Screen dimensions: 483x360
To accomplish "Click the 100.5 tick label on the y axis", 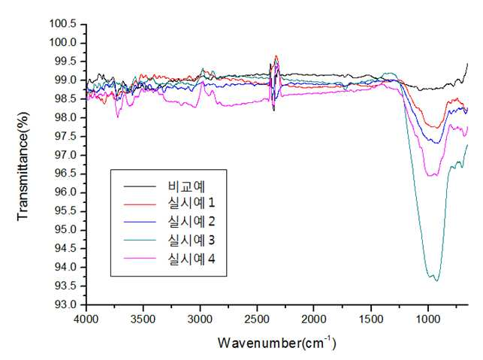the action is (x=63, y=23).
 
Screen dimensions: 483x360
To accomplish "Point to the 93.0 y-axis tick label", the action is (x=65, y=304).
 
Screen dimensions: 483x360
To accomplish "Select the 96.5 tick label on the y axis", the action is (x=65, y=174).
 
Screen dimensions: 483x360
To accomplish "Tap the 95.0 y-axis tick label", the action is (x=65, y=230).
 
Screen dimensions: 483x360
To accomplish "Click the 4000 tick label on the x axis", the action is (x=86, y=319).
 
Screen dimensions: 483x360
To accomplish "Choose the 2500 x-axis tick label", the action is (x=257, y=319).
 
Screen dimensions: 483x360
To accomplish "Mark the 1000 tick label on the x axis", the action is (x=428, y=319).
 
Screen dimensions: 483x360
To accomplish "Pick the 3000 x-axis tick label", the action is (x=201, y=319).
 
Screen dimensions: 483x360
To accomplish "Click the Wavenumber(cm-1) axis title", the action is (x=276, y=343).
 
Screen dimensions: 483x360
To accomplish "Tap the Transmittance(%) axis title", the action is (x=23, y=166).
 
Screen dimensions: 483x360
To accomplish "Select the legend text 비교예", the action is (x=186, y=186).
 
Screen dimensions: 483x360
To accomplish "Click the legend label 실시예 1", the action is (x=192, y=203).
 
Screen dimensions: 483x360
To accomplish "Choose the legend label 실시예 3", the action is (x=192, y=240).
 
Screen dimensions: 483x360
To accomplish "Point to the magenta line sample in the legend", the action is (x=140, y=259).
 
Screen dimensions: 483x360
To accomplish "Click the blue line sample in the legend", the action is (x=140, y=222).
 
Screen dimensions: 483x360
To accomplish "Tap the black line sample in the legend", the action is (x=140, y=186).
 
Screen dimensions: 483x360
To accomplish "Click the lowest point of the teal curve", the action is (x=436, y=281).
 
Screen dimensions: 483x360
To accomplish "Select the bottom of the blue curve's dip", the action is (x=437, y=144).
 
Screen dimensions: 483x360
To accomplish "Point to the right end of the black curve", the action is (x=468, y=63).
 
